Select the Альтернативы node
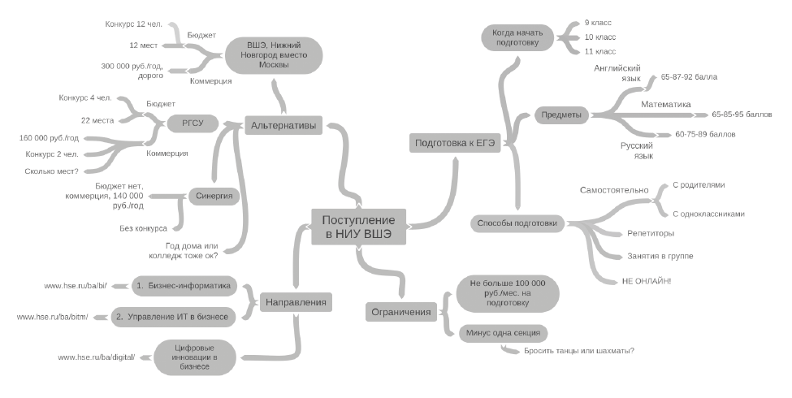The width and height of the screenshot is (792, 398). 284,125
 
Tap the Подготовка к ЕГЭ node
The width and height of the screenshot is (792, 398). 455,143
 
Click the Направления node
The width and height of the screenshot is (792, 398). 295,302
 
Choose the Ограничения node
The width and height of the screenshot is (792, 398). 400,311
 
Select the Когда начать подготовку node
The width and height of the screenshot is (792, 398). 517,37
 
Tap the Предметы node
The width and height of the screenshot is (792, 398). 561,115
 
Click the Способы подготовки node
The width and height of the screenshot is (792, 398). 517,223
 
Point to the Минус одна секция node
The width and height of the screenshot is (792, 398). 502,332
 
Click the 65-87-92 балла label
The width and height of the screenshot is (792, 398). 689,77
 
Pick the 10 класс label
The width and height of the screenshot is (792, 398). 600,37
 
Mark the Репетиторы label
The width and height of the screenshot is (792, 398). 651,234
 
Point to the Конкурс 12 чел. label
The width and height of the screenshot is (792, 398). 134,24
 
